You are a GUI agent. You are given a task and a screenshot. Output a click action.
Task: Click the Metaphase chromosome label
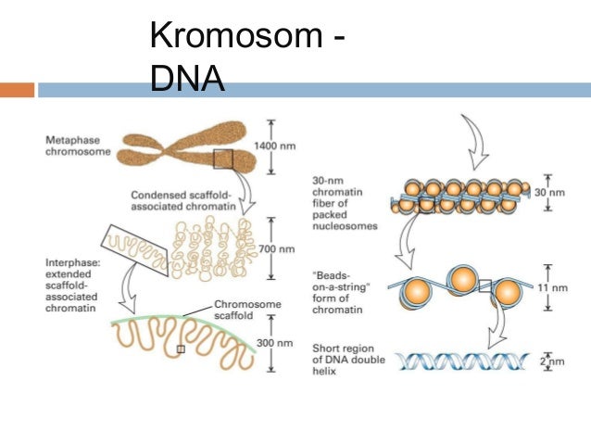[x=72, y=146]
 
